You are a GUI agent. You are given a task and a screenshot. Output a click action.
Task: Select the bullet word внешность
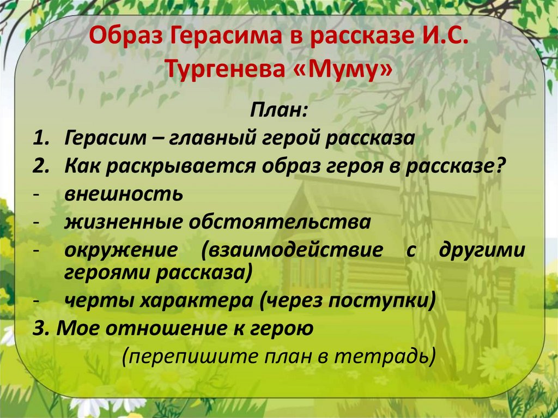(x=124, y=194)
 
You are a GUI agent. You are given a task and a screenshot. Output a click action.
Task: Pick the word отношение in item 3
(x=156, y=329)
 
